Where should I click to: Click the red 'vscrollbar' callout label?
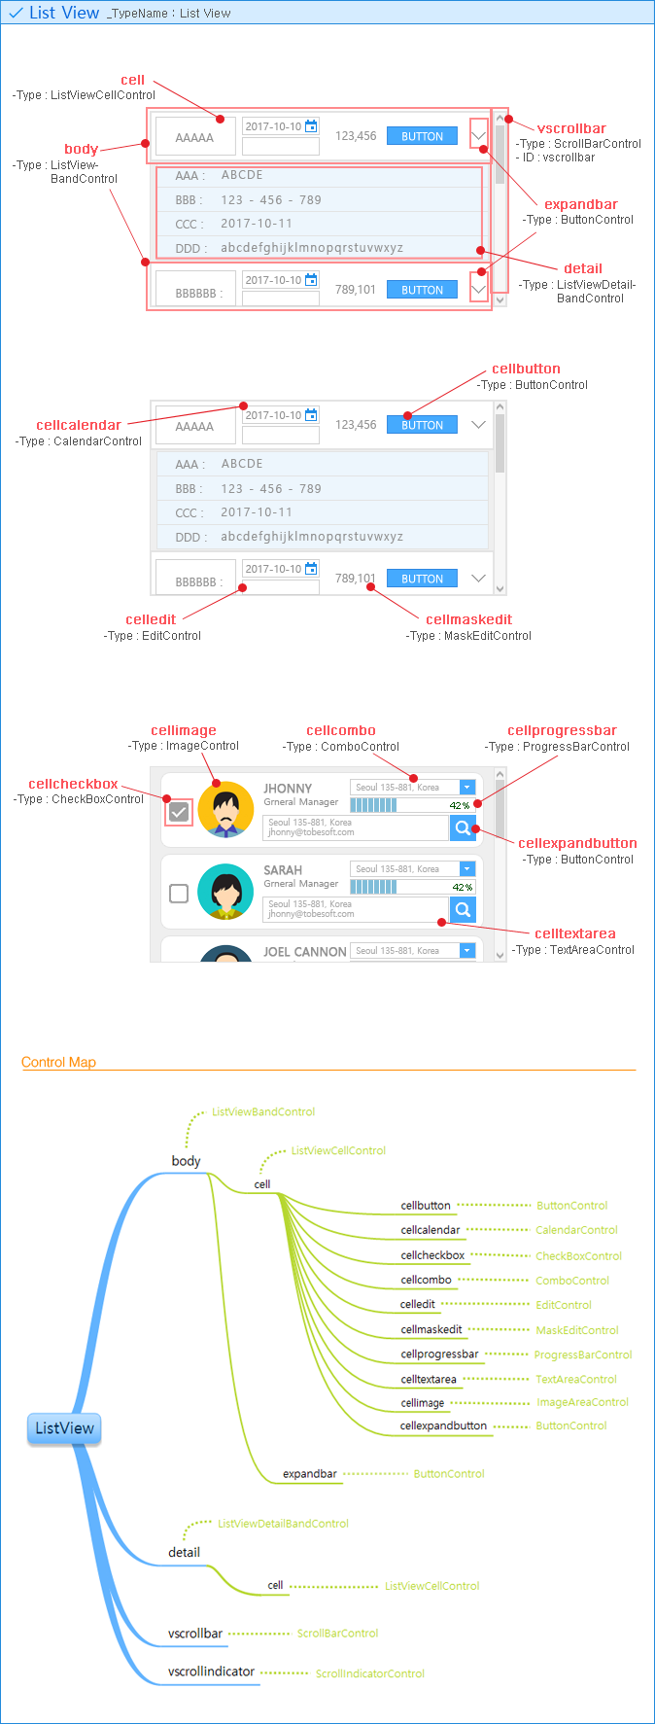[571, 128]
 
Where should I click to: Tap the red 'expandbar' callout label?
[580, 204]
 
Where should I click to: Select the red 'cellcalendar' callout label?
[79, 425]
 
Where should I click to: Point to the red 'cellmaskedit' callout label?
[468, 619]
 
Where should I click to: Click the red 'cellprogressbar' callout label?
[562, 730]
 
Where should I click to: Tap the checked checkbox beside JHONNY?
[179, 812]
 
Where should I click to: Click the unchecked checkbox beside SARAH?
[179, 893]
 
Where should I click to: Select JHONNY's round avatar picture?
[225, 810]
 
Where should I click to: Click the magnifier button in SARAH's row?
[464, 909]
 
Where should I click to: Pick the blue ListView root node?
[64, 1428]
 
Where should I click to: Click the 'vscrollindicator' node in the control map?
[211, 1671]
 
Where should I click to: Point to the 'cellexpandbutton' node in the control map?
[443, 1425]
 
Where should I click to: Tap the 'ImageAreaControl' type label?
[582, 1402]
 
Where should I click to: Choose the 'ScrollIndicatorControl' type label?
[369, 1673]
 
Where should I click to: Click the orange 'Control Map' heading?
[58, 1062]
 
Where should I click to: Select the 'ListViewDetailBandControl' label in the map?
[283, 1524]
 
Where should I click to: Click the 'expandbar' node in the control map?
[309, 1473]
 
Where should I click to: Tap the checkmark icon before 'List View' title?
[16, 13]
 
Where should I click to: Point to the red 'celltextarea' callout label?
[574, 933]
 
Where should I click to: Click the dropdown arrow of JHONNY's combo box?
[466, 788]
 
